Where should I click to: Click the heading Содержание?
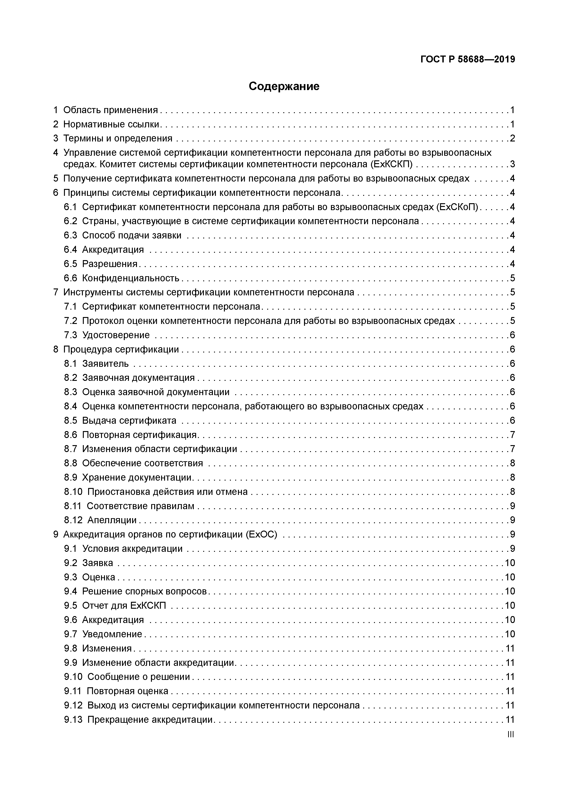[x=284, y=86]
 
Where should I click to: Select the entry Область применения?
[x=110, y=110]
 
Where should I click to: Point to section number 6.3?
[x=70, y=235]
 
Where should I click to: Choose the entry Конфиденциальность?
[x=130, y=278]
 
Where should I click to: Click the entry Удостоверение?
[x=116, y=335]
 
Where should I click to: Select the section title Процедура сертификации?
[x=121, y=349]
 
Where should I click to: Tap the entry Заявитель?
[x=105, y=364]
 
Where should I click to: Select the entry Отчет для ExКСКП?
[x=124, y=605]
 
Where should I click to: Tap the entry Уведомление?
[x=112, y=634]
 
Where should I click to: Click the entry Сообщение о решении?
[x=139, y=677]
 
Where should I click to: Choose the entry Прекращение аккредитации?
[x=150, y=719]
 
